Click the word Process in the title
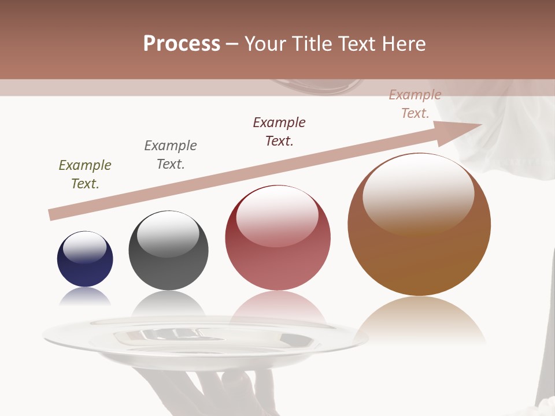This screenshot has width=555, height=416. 182,44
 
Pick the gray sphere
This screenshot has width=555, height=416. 168,251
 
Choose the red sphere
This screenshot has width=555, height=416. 278,237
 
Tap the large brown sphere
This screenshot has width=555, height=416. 419,225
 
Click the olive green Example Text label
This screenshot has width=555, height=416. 85,174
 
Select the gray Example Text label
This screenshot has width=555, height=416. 171,155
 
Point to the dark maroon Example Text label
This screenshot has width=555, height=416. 279,132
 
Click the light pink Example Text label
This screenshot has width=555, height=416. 415,104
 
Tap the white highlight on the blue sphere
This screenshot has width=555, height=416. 84,247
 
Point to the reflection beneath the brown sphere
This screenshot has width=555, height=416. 419,321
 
